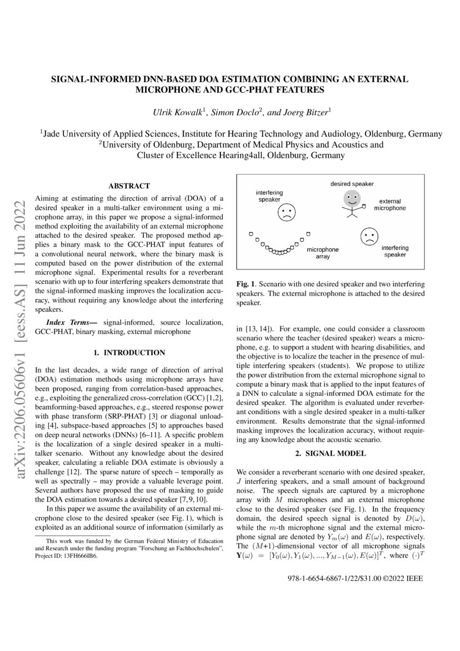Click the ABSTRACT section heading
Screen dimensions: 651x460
pyautogui.click(x=128, y=186)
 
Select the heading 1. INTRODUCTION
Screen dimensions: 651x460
pyautogui.click(x=128, y=353)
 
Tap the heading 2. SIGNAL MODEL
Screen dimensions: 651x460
pyautogui.click(x=331, y=453)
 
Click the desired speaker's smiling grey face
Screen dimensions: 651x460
pyautogui.click(x=351, y=198)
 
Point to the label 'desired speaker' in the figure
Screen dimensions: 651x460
pyautogui.click(x=352, y=184)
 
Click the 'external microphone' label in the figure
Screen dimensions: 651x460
pyautogui.click(x=389, y=204)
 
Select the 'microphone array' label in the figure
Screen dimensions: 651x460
pyautogui.click(x=323, y=253)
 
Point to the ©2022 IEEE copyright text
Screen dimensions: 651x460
pyautogui.click(x=403, y=579)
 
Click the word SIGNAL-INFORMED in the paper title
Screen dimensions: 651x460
pyautogui.click(x=88, y=79)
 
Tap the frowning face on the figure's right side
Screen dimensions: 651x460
pyautogui.click(x=368, y=236)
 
